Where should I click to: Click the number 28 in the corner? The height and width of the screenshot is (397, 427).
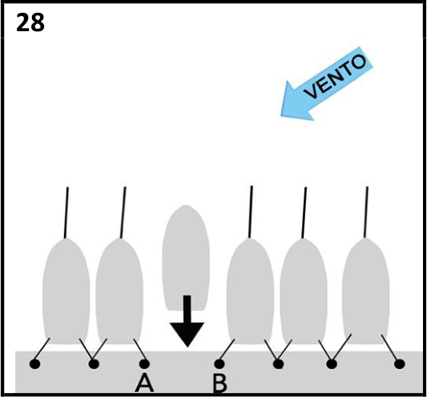point(30,23)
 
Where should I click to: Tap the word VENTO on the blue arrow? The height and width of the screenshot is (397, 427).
point(335,77)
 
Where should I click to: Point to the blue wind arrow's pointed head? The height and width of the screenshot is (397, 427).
point(281,115)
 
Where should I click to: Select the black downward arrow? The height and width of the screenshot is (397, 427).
point(187,321)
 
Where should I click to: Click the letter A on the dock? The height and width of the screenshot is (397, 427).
point(144,383)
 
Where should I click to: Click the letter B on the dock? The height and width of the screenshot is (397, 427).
point(220,383)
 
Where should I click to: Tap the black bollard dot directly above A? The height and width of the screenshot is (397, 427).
point(144,364)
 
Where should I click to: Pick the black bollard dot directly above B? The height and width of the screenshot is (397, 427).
point(220,364)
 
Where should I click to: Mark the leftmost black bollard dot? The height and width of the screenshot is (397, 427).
point(35,364)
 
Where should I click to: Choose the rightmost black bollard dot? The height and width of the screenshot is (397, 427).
point(400,364)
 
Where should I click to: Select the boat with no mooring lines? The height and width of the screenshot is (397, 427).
point(186,258)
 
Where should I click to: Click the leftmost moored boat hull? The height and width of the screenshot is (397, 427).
point(66,291)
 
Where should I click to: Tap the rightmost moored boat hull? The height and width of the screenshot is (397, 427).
point(366,291)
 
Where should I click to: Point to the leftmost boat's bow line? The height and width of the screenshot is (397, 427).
point(66,213)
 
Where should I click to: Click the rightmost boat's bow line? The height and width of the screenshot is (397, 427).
point(366,212)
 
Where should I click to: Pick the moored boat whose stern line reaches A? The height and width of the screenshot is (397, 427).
point(119,291)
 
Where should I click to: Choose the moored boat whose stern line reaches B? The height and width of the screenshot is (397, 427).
point(250,291)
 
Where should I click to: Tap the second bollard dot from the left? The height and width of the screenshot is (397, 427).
point(94,364)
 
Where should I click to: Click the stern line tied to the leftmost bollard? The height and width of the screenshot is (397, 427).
point(42,351)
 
